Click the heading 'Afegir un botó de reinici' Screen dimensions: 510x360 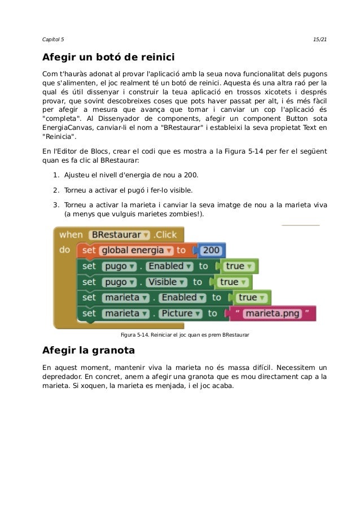click(108, 58)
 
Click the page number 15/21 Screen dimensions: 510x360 click(319, 38)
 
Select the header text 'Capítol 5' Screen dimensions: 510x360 click(54, 38)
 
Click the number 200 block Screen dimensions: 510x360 click(212, 250)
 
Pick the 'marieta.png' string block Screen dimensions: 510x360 click(272, 313)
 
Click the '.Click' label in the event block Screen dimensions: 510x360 click(165, 234)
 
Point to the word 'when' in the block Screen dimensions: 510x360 click(71, 234)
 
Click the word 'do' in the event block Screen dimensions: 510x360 click(65, 249)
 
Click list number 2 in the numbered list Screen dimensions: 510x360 click(56, 190)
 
